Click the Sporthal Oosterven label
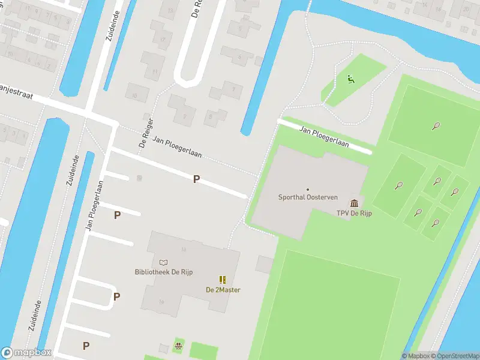(308, 197)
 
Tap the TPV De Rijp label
(354, 213)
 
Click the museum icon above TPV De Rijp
(354, 203)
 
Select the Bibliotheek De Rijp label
(163, 272)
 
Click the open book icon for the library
(163, 262)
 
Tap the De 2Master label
(223, 290)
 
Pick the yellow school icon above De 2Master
(223, 280)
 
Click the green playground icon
(350, 79)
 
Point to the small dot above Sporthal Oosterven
(308, 190)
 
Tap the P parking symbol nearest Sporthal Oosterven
(196, 179)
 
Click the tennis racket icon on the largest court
(436, 126)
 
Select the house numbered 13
(170, 10)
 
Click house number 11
(155, 71)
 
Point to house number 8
(210, 116)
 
